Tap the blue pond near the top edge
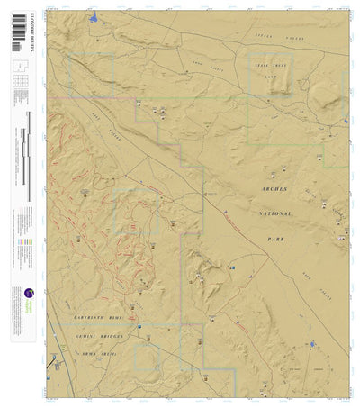(x=94, y=17)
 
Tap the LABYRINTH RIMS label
(x=96, y=317)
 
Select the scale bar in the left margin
(x=30, y=158)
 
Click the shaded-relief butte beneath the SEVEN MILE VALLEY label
(x=282, y=83)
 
